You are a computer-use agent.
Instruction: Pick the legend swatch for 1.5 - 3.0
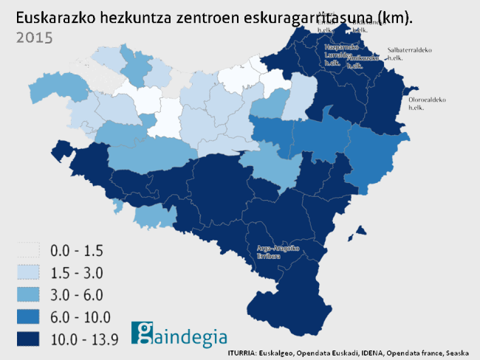coord(26,273)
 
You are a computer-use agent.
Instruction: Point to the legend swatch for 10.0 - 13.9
coord(26,339)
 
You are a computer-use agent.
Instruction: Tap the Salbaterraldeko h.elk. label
coord(409,54)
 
